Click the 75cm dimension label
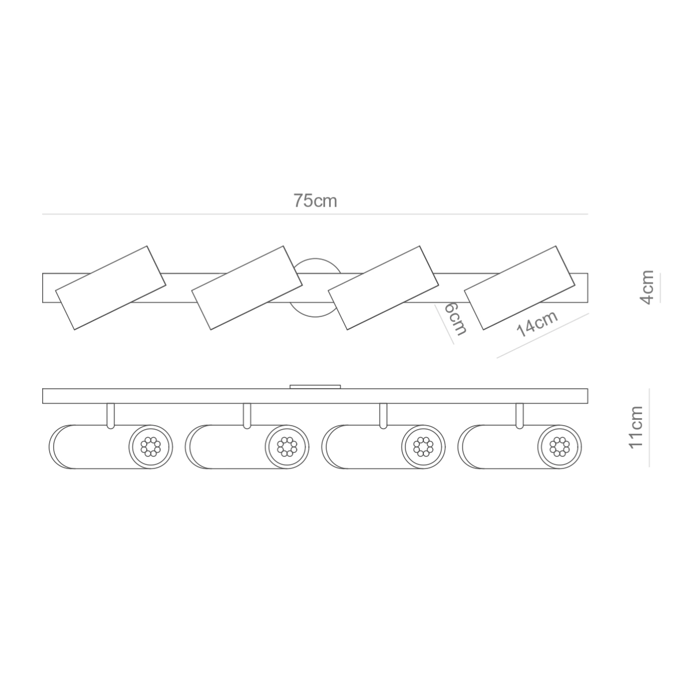[x=315, y=200]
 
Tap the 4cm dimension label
[x=647, y=287]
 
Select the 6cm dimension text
[x=455, y=319]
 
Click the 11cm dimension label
[x=635, y=427]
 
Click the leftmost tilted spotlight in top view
[x=110, y=288]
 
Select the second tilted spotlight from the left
[x=247, y=288]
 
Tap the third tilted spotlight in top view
[x=383, y=288]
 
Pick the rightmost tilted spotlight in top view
[x=519, y=288]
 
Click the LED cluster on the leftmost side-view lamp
[x=151, y=446]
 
